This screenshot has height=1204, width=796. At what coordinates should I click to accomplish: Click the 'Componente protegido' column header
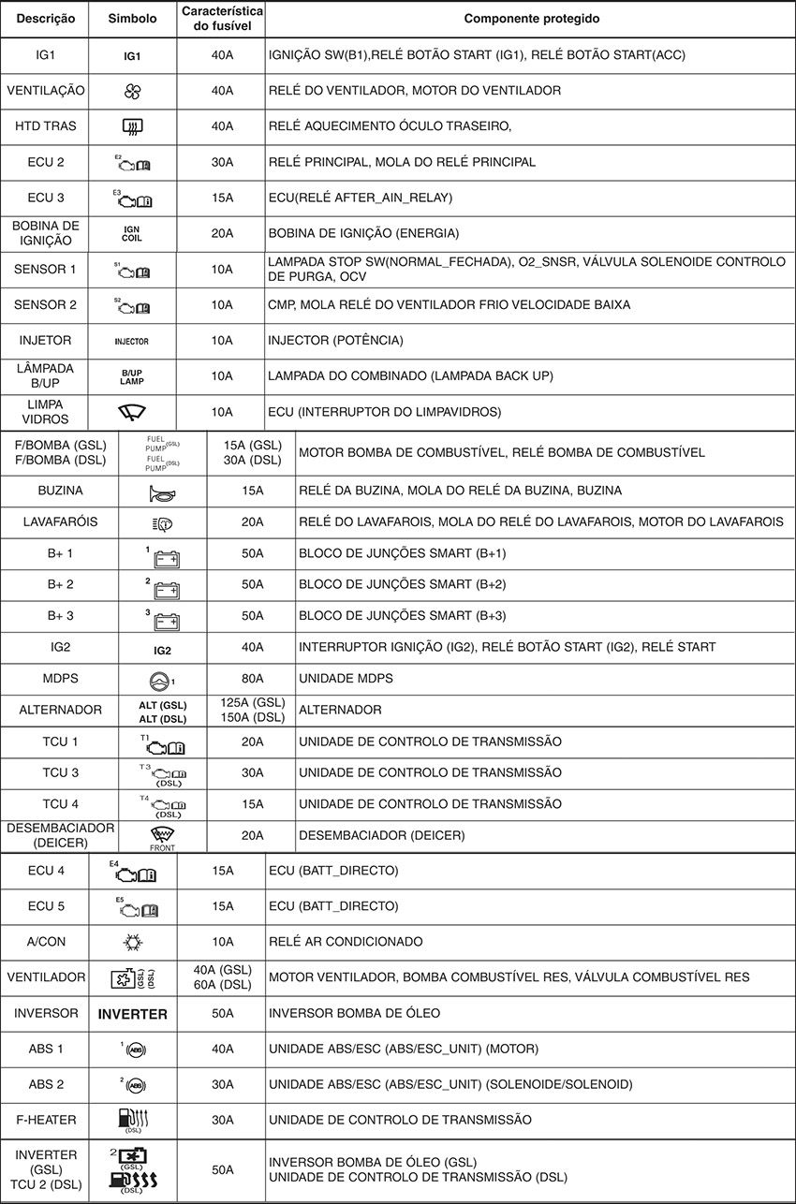pyautogui.click(x=532, y=19)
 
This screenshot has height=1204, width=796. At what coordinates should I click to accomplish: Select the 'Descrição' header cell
pyautogui.click(x=44, y=19)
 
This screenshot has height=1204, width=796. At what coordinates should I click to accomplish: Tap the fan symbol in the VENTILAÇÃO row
pyautogui.click(x=132, y=91)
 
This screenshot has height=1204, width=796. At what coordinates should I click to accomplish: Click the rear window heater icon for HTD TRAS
pyautogui.click(x=132, y=126)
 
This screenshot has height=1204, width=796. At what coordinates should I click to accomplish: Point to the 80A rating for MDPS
pyautogui.click(x=252, y=678)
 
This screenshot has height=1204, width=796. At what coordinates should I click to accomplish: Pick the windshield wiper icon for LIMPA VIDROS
pyautogui.click(x=132, y=412)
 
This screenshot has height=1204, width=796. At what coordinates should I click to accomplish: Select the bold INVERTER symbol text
pyautogui.click(x=133, y=1014)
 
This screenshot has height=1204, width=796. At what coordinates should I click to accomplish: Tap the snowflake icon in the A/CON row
pyautogui.click(x=133, y=942)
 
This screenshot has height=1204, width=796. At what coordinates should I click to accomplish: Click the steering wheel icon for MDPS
pyautogui.click(x=161, y=679)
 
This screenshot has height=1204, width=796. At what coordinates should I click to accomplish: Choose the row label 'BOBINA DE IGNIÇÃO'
pyautogui.click(x=45, y=233)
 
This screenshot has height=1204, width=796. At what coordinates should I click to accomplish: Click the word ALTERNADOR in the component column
pyautogui.click(x=340, y=710)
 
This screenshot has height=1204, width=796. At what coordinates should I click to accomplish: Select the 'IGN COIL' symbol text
pyautogui.click(x=132, y=233)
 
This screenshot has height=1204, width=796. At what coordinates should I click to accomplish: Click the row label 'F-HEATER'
pyautogui.click(x=45, y=1120)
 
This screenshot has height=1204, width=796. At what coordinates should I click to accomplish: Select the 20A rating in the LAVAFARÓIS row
pyautogui.click(x=252, y=521)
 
